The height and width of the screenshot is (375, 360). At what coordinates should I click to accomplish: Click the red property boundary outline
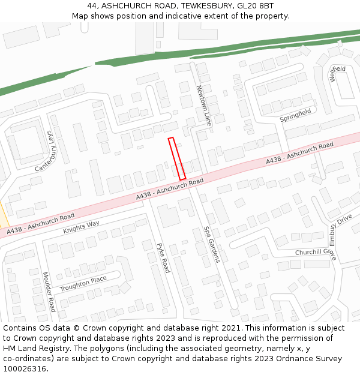click(x=177, y=158)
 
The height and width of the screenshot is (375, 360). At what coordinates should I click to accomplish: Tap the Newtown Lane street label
click(x=204, y=106)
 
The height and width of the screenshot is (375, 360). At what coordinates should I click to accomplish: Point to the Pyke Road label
click(x=163, y=257)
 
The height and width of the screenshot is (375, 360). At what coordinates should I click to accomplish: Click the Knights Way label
click(x=81, y=227)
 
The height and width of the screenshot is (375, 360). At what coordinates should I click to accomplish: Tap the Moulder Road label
click(x=49, y=292)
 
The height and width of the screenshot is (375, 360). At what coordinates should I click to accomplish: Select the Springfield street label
click(x=295, y=115)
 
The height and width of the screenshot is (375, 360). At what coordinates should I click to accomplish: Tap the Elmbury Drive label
click(x=340, y=230)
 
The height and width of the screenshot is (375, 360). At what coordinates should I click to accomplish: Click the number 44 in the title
click(x=100, y=5)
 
